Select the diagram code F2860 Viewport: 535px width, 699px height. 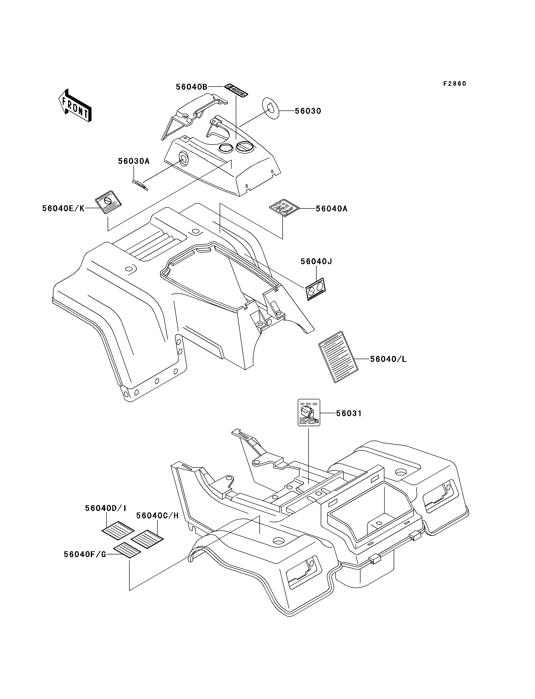(x=454, y=84)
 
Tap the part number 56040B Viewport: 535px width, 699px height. (x=192, y=87)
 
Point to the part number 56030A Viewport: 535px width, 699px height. (x=134, y=161)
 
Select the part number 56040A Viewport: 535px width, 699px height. (x=331, y=209)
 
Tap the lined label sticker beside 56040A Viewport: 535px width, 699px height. (x=284, y=207)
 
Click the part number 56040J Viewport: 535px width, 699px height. (x=316, y=262)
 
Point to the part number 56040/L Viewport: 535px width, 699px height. (x=389, y=359)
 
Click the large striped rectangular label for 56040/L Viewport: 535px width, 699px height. (x=338, y=357)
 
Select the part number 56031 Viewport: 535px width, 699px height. (x=349, y=413)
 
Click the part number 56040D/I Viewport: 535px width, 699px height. (x=106, y=508)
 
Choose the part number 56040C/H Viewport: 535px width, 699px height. (x=157, y=516)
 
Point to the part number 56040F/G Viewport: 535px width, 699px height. (x=85, y=554)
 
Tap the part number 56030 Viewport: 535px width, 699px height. (x=308, y=111)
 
